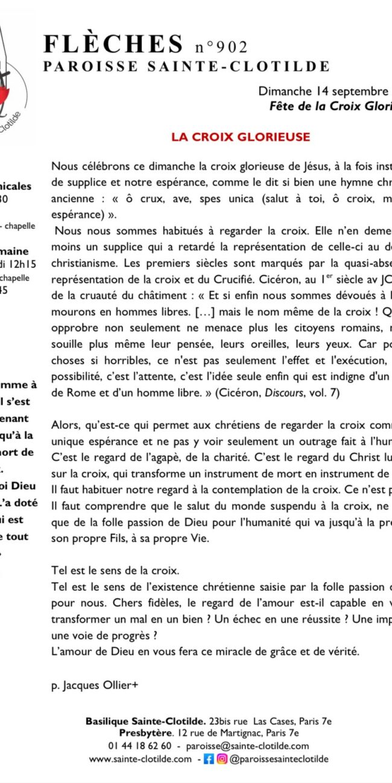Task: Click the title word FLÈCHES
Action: [112, 45]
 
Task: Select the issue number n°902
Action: [221, 47]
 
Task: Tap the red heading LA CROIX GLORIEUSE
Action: [240, 137]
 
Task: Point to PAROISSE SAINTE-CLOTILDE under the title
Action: [186, 66]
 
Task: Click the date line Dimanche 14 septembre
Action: [323, 92]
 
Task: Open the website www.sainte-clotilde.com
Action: [141, 759]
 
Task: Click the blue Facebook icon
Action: [209, 759]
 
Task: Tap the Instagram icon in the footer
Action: [222, 759]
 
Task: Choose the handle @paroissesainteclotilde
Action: [279, 759]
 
